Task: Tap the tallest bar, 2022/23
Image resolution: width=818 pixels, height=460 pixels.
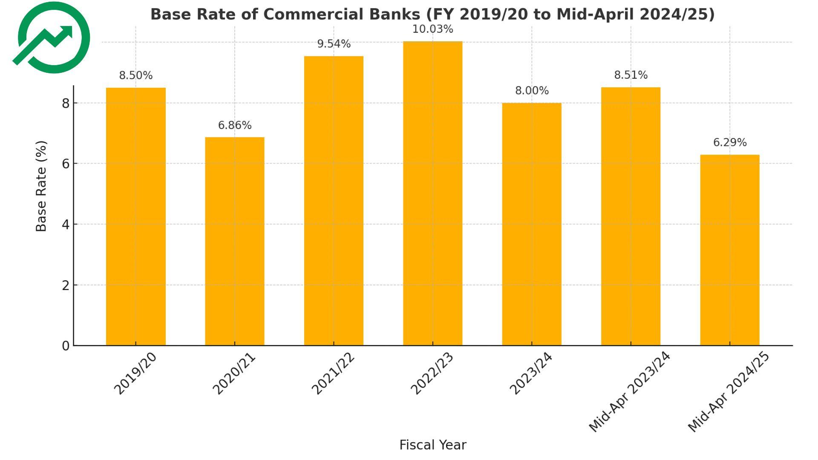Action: (432, 193)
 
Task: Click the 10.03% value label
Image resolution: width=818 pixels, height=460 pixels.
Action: (432, 29)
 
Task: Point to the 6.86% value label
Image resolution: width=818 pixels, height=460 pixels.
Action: (235, 126)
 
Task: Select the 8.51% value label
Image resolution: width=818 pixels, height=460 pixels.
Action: (631, 75)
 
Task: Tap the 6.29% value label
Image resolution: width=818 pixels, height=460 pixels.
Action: (730, 143)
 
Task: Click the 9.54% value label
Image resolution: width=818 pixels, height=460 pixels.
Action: (334, 44)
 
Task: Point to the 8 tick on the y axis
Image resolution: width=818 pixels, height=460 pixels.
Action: (66, 103)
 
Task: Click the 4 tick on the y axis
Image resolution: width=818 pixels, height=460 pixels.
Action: (66, 224)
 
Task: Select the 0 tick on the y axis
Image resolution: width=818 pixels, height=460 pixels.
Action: (66, 346)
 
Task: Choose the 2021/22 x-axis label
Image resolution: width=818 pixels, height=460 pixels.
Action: (333, 374)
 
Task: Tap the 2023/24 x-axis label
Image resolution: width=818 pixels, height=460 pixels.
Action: (531, 374)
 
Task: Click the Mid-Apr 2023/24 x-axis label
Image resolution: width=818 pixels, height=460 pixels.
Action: (629, 392)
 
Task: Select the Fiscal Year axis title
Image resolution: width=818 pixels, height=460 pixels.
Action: (432, 445)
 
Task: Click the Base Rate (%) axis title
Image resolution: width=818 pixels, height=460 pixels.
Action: (41, 186)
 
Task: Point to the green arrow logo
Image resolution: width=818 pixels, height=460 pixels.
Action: (53, 38)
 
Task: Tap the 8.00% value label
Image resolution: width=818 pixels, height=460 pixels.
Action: (532, 91)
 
